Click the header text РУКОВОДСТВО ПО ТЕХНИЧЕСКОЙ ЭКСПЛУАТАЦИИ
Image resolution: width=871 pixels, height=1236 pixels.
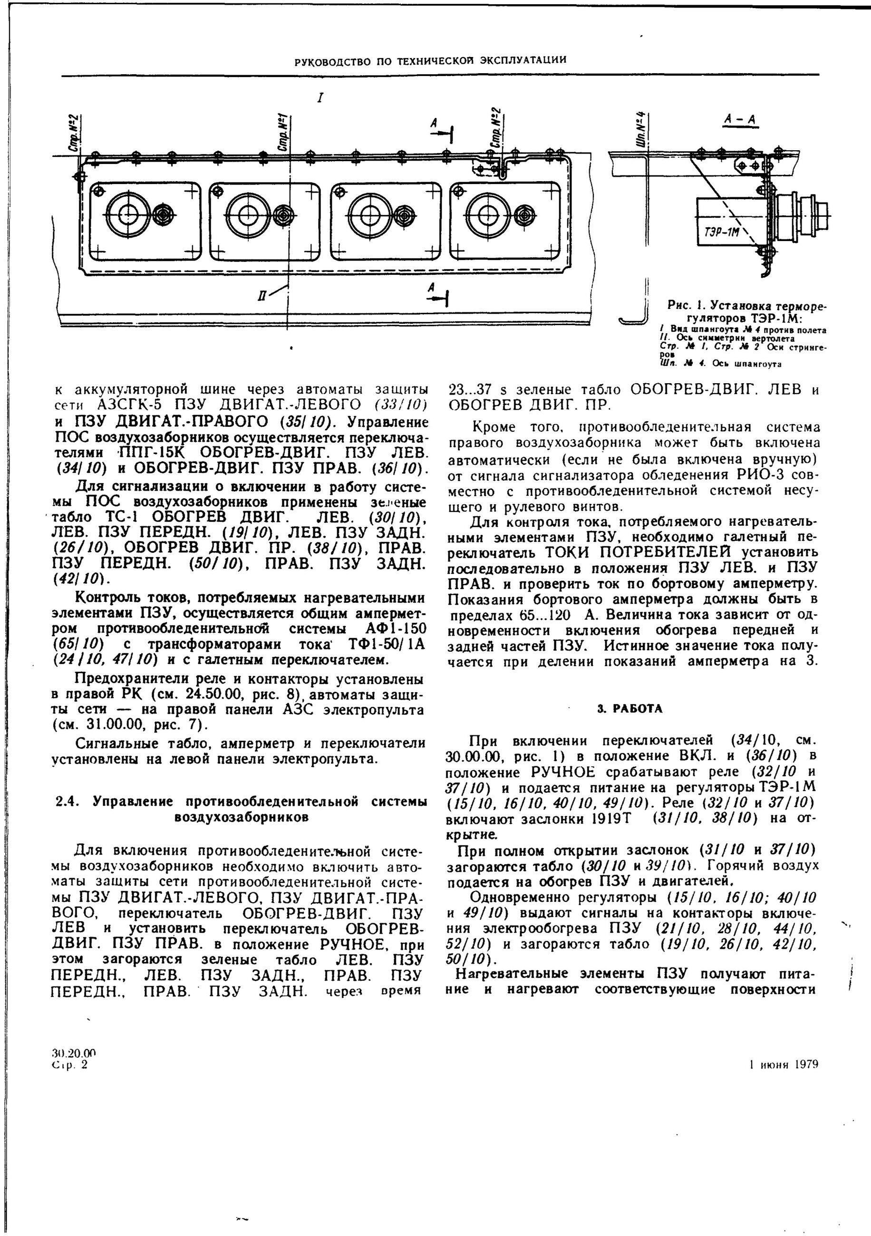430,60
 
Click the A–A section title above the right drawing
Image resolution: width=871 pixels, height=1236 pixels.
740,121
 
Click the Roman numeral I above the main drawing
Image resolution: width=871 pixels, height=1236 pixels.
320,98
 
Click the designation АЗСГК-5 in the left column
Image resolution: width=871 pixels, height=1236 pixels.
131,404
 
